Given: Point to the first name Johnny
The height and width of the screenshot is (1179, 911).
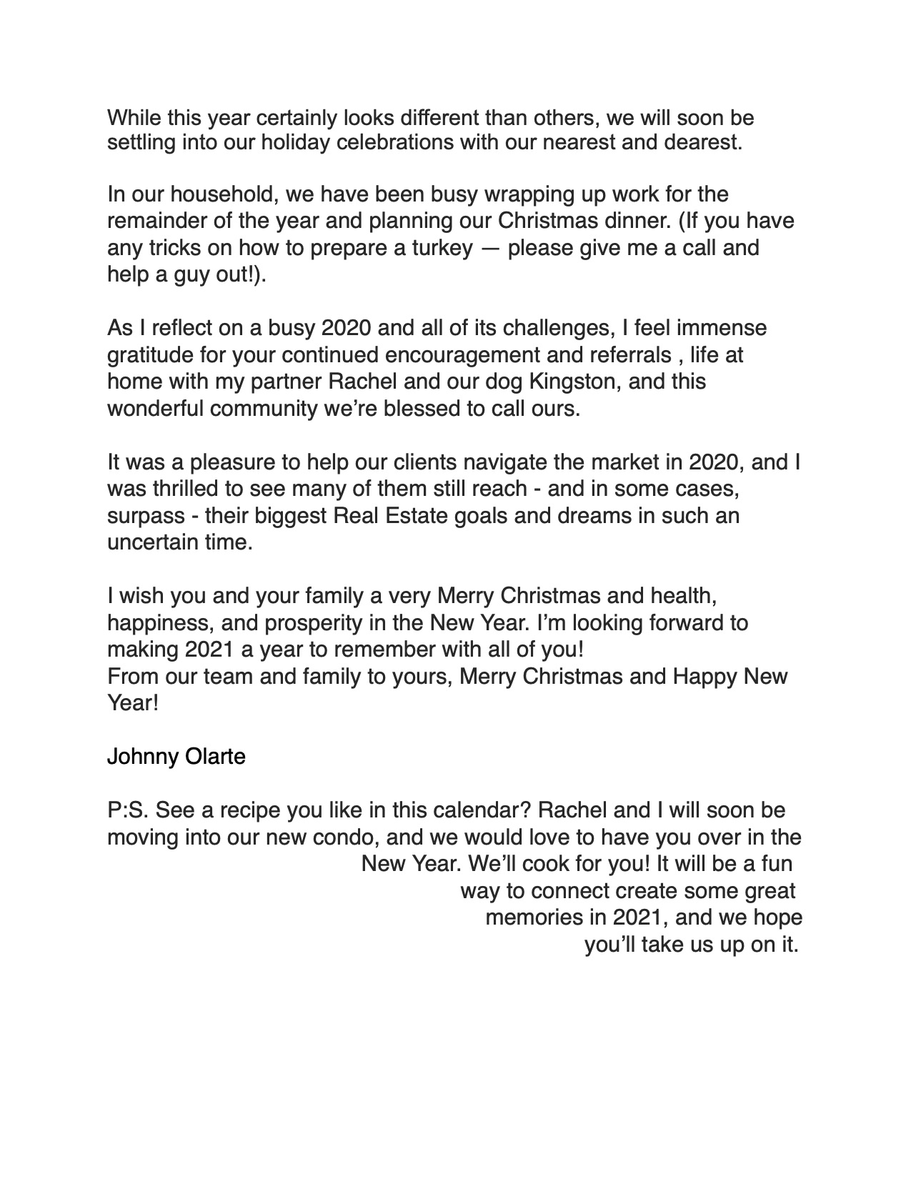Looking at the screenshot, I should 140,756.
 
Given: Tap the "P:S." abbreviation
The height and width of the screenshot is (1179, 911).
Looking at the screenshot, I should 127,810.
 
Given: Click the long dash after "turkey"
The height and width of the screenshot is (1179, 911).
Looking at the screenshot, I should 489,249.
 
